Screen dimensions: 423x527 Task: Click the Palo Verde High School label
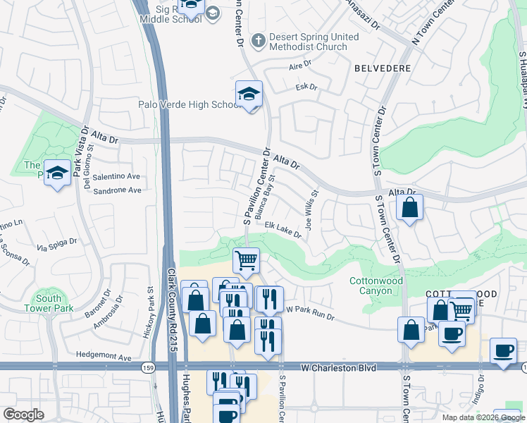tap(188, 105)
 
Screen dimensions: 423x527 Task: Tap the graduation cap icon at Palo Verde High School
tap(248, 94)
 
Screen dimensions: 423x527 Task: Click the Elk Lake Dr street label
tap(283, 231)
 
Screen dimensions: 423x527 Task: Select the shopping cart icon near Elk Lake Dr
tap(247, 260)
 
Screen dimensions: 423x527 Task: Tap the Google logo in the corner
tap(23, 415)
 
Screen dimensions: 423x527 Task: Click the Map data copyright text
tap(483, 417)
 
